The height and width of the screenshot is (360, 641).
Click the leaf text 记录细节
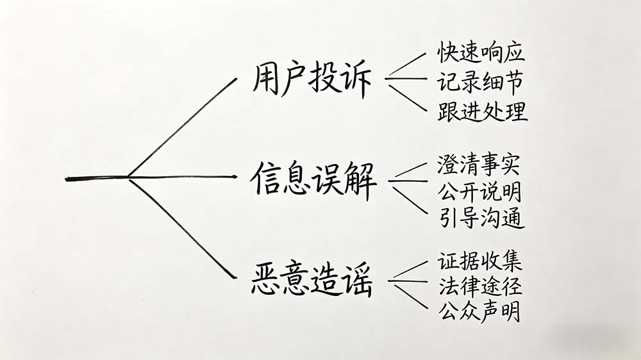tap(481, 81)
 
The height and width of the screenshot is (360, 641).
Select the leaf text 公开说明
tap(480, 191)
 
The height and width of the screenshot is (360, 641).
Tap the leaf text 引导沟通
tap(481, 218)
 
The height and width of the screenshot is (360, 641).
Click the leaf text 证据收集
tap(480, 261)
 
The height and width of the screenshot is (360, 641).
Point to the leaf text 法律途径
tap(480, 286)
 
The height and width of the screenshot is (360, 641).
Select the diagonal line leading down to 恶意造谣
tap(182, 229)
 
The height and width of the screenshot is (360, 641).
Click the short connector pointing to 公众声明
tap(411, 297)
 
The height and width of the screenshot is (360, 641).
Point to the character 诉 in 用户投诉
tap(356, 82)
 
